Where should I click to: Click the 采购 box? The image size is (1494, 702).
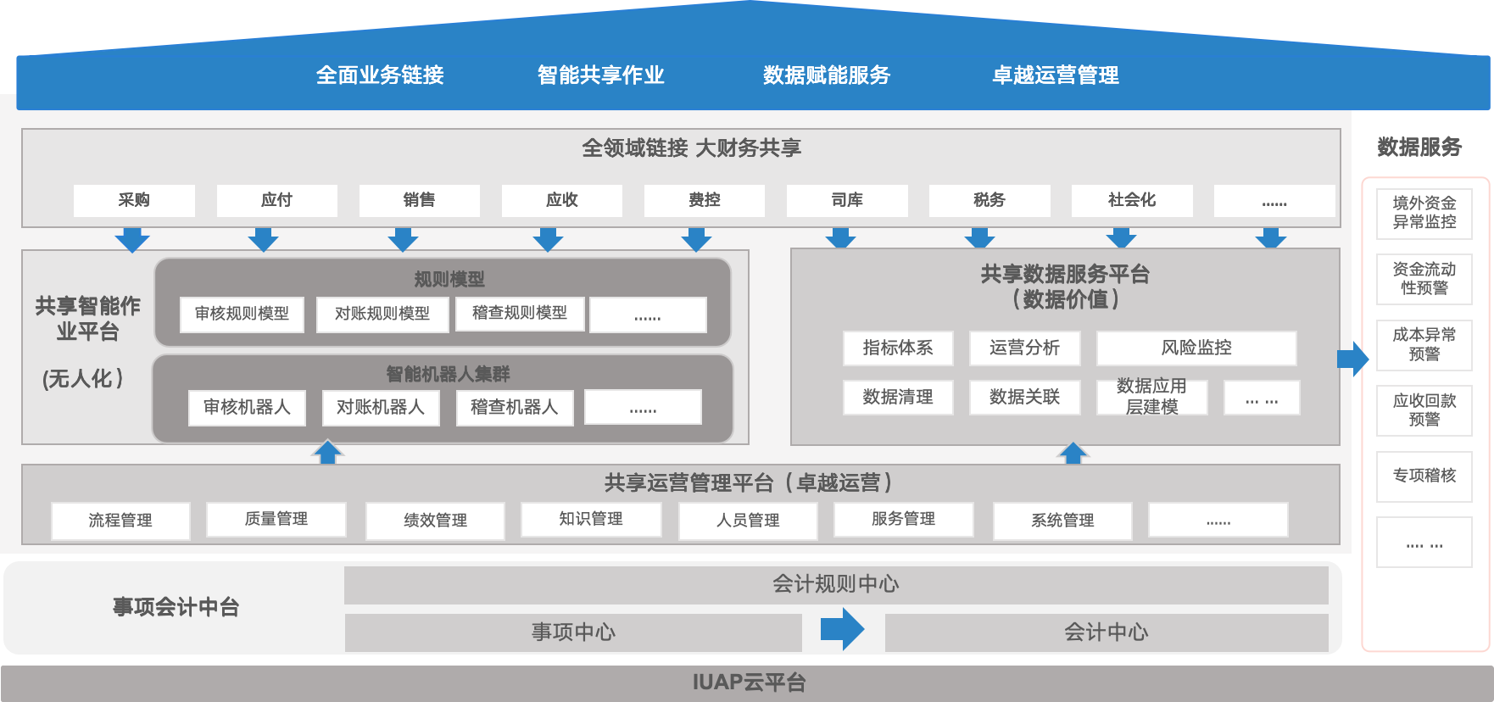(x=134, y=200)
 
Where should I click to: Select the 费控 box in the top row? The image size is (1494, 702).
(x=704, y=200)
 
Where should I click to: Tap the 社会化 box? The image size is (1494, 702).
(x=1131, y=200)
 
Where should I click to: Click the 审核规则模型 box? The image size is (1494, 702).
(x=242, y=314)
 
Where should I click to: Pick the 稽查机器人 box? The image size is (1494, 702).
(x=514, y=407)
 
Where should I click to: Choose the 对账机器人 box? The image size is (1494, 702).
(x=380, y=407)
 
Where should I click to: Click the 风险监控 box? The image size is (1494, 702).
(x=1196, y=348)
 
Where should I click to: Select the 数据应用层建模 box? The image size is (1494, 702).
(x=1151, y=397)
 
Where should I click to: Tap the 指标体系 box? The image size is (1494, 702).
(x=897, y=348)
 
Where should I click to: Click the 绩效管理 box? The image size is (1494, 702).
(x=435, y=520)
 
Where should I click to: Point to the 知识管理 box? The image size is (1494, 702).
(x=591, y=519)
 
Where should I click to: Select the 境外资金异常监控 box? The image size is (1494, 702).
(x=1424, y=213)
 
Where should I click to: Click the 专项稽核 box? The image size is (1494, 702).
(x=1424, y=476)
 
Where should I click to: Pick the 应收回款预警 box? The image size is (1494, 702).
(x=1424, y=410)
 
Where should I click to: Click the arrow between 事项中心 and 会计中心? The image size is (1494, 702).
(x=842, y=630)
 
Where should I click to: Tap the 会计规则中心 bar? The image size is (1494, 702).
(x=835, y=584)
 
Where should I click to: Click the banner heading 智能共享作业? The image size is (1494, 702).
(x=600, y=75)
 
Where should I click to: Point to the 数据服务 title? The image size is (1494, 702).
(x=1419, y=147)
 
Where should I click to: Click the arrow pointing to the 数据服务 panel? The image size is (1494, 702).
(x=1352, y=359)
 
